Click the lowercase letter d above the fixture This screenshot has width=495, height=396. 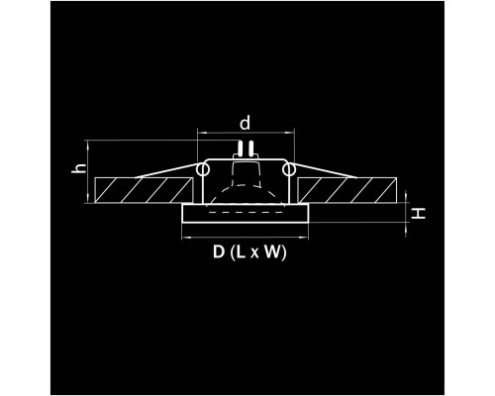[x=246, y=123]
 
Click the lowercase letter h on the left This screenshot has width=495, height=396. [x=79, y=168]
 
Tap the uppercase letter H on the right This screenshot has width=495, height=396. [x=419, y=213]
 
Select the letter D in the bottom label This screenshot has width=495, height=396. [x=219, y=252]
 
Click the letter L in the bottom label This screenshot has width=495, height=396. [x=241, y=252]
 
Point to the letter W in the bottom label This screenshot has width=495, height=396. [x=273, y=252]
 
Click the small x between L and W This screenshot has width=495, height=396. [x=254, y=254]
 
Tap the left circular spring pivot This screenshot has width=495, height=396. [x=203, y=169]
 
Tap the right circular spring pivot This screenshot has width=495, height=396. [x=288, y=169]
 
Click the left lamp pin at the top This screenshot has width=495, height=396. [x=241, y=148]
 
